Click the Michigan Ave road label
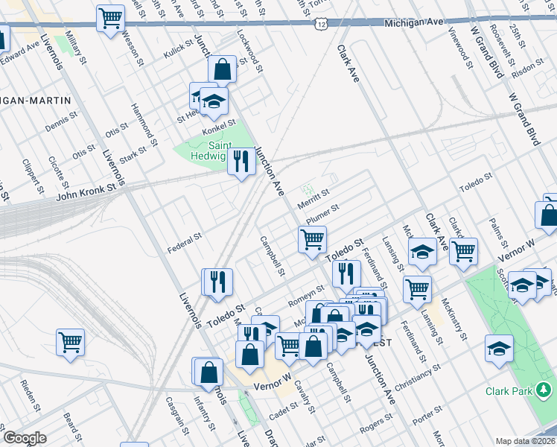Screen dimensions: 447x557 (416, 24)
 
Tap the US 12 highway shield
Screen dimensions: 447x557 (320, 25)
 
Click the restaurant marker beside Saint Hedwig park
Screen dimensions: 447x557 (240, 162)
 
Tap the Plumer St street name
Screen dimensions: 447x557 (322, 213)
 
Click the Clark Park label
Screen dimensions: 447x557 (507, 391)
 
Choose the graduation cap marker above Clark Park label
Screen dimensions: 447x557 (498, 348)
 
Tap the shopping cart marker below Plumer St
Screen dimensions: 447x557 (312, 239)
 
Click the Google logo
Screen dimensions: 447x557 (25, 438)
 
